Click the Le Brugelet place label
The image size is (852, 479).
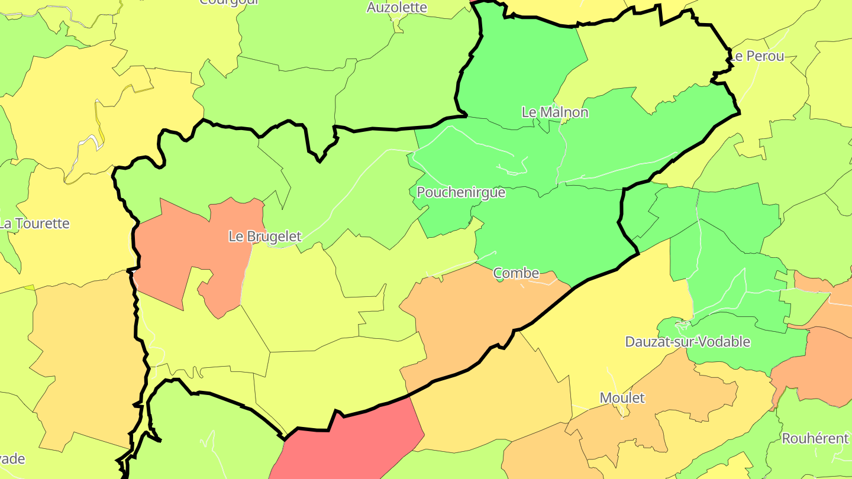click(x=264, y=237)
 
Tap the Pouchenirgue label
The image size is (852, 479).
click(x=461, y=193)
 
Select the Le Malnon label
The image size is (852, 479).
click(x=554, y=112)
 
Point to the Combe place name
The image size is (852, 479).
click(x=516, y=273)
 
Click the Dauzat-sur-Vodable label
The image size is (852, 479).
click(x=688, y=342)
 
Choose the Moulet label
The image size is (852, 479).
click(x=622, y=398)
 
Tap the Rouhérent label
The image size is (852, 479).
click(x=815, y=439)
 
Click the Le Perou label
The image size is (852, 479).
click(x=757, y=57)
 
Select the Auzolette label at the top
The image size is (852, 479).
click(x=396, y=7)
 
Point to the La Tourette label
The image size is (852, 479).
click(x=34, y=224)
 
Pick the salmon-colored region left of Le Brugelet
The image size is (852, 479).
click(x=177, y=248)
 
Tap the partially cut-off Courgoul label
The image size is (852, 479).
click(x=230, y=2)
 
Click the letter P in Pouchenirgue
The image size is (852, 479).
click(x=421, y=193)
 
